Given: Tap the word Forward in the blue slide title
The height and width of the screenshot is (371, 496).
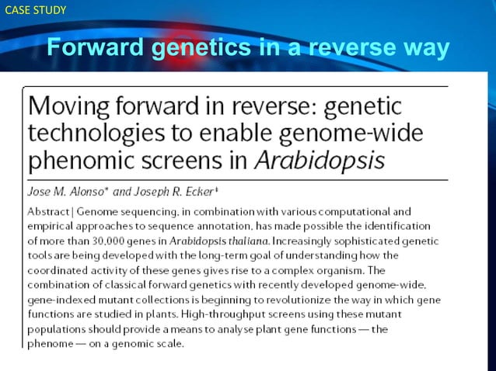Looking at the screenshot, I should click(96, 48).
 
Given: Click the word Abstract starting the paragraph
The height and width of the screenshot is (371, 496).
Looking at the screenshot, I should click(51, 211).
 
